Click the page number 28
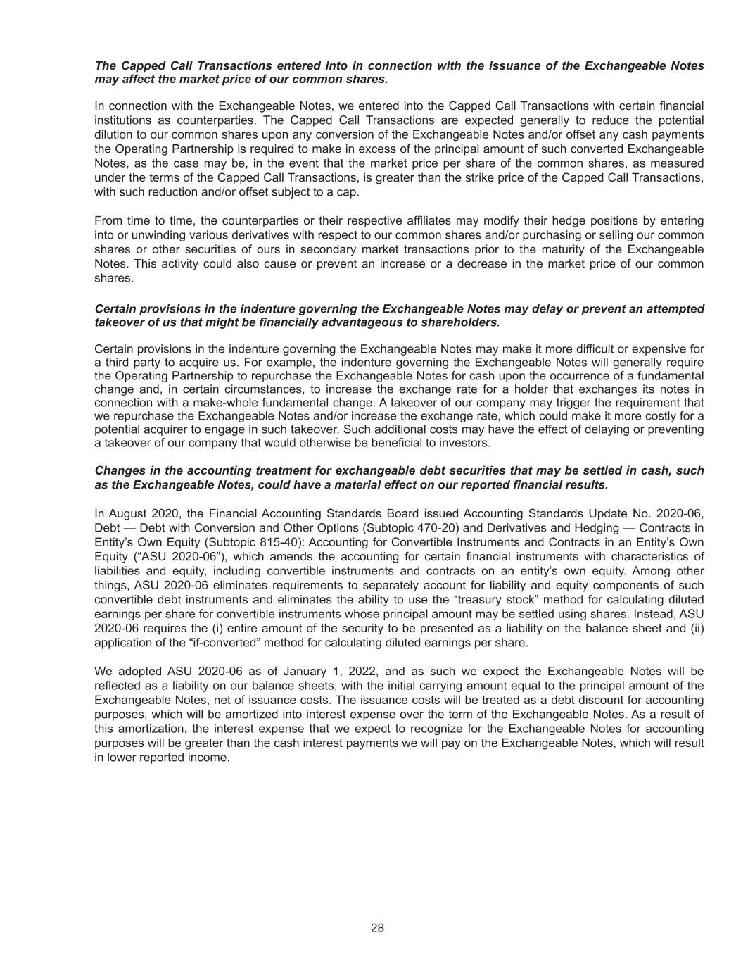coord(377,927)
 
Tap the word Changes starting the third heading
coord(117,470)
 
